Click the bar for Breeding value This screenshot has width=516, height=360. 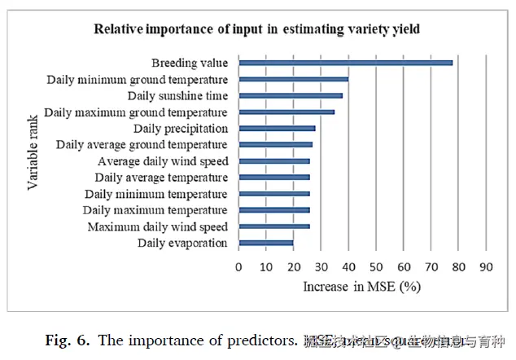point(346,63)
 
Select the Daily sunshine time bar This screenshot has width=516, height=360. point(291,95)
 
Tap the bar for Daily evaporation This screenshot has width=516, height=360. point(266,243)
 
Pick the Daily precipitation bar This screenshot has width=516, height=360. point(277,128)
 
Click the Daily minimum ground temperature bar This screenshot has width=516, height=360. point(294,79)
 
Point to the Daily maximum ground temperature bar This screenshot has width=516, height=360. point(286,112)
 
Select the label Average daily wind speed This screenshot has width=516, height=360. point(163,161)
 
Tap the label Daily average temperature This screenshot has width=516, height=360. point(161,178)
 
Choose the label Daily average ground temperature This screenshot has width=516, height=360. point(142,145)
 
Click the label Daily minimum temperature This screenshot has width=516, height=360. point(156,194)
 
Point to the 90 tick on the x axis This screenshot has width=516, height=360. point(486,266)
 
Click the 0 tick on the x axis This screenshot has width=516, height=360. point(238,266)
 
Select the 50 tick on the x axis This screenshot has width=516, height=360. point(376,266)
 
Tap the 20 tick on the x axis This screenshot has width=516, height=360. point(294,266)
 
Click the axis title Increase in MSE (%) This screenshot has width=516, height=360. point(362,287)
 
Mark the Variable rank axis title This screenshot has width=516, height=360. point(33,153)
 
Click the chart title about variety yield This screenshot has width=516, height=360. point(257,30)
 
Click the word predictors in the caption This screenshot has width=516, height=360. point(260,340)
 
